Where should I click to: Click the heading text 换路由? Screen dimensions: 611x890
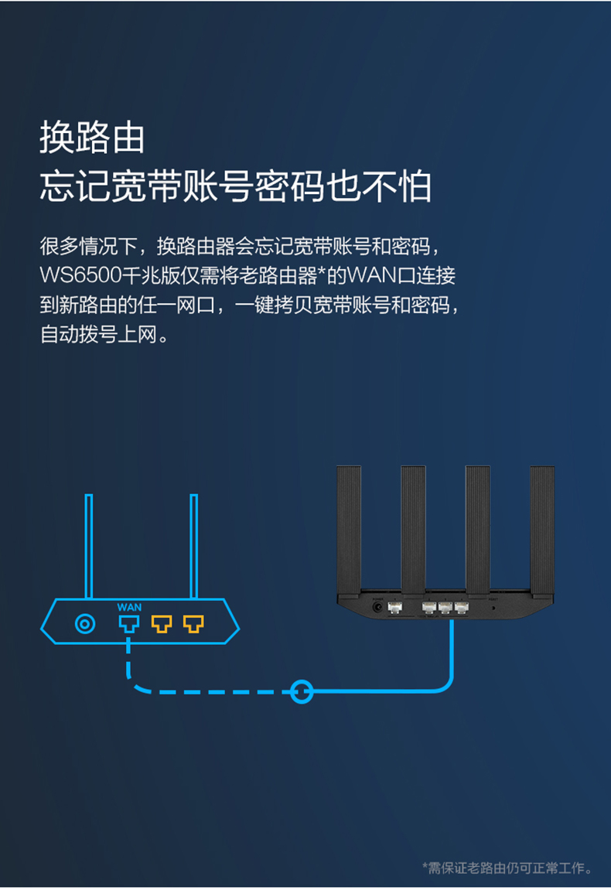tap(92, 138)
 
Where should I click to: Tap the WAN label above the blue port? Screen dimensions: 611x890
tap(129, 607)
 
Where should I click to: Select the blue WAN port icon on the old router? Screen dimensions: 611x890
tap(129, 624)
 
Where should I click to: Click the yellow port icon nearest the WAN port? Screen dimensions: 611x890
tap(162, 624)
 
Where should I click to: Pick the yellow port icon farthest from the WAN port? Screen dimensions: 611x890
tap(193, 624)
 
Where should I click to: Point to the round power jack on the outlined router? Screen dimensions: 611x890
tap(85, 624)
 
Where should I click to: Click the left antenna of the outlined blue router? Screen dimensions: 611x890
tap(89, 546)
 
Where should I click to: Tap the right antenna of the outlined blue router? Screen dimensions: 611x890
tap(193, 546)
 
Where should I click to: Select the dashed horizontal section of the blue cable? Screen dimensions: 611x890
tap(210, 692)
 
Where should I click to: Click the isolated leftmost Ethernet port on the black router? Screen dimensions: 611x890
tap(395, 608)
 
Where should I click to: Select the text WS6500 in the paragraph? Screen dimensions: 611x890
tap(80, 275)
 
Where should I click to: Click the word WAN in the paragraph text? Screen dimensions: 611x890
tap(371, 275)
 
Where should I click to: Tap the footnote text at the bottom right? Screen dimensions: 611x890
tap(507, 868)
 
